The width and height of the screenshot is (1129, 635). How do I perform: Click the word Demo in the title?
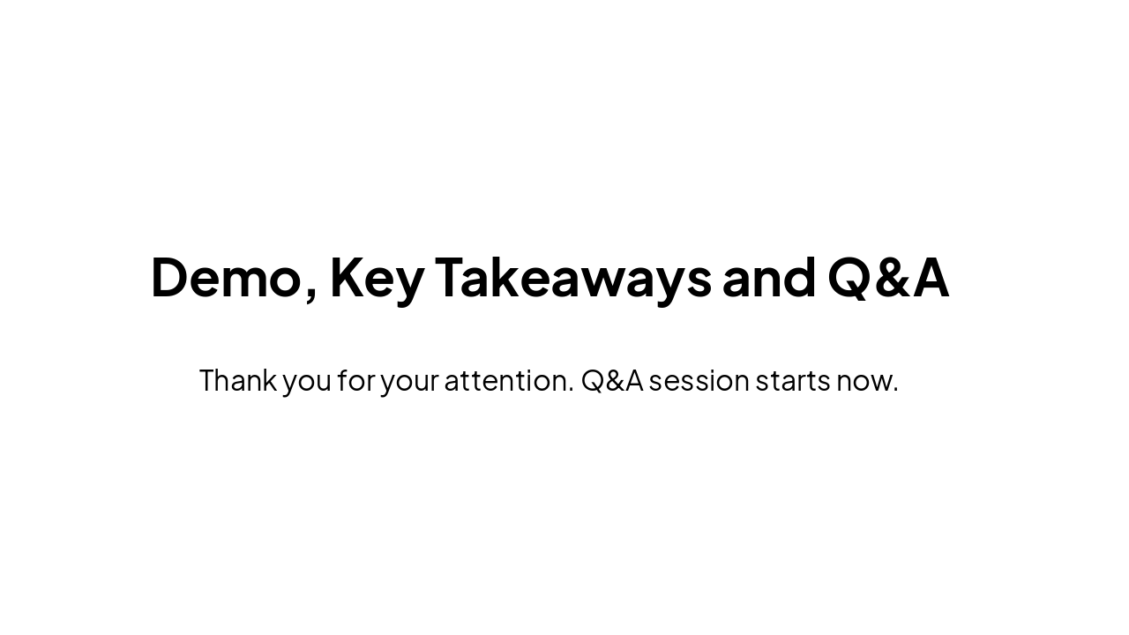226,278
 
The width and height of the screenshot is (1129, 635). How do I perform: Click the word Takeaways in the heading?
573,278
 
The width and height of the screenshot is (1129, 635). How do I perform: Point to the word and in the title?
769,278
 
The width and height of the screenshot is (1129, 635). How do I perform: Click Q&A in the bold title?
888,278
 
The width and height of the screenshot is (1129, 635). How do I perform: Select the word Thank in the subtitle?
237,381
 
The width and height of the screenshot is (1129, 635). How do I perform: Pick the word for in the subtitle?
355,381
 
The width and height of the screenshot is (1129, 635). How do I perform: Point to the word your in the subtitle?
409,383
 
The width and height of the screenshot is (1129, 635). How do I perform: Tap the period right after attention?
571,391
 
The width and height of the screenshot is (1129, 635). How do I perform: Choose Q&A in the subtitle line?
611,381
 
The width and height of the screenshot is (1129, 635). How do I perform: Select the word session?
699,381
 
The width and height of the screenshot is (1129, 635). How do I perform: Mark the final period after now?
895,391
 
